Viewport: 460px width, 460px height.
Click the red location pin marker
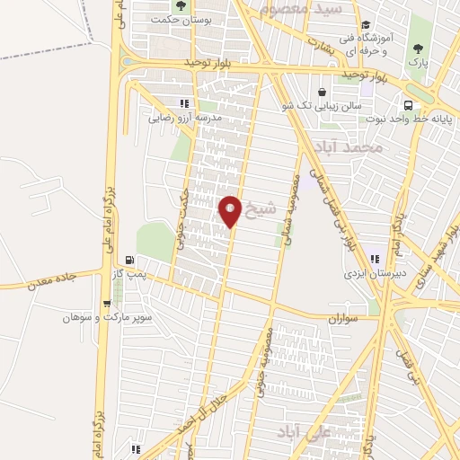coord(231,211)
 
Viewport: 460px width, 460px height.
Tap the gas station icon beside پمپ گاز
coord(131,259)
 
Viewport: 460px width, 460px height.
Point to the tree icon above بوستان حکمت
coord(181,5)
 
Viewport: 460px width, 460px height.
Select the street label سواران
coord(345,317)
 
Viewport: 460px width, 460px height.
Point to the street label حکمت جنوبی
coord(182,216)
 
